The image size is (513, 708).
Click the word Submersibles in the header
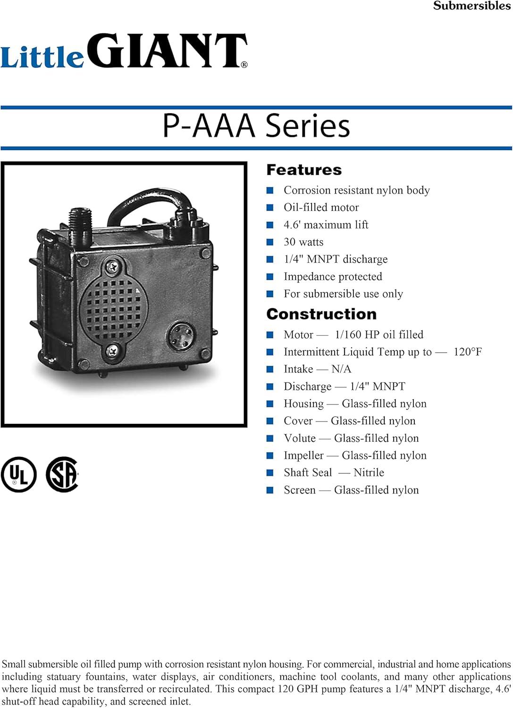tap(471, 6)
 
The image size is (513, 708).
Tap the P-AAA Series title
tap(256, 126)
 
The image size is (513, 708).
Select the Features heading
tap(304, 170)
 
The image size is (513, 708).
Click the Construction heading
tap(321, 314)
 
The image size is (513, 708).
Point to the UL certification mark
tap(18, 474)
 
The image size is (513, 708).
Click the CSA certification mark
tap(62, 474)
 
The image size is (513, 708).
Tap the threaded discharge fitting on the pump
tap(76, 222)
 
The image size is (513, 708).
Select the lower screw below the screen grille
tap(113, 350)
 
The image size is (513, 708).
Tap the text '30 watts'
tap(303, 242)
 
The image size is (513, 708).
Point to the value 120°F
tap(467, 352)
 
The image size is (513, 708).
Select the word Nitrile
tap(369, 473)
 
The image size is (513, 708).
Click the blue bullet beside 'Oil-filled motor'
tap(270, 208)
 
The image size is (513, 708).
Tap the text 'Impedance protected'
tap(333, 277)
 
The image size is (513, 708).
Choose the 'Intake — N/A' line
tap(317, 369)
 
